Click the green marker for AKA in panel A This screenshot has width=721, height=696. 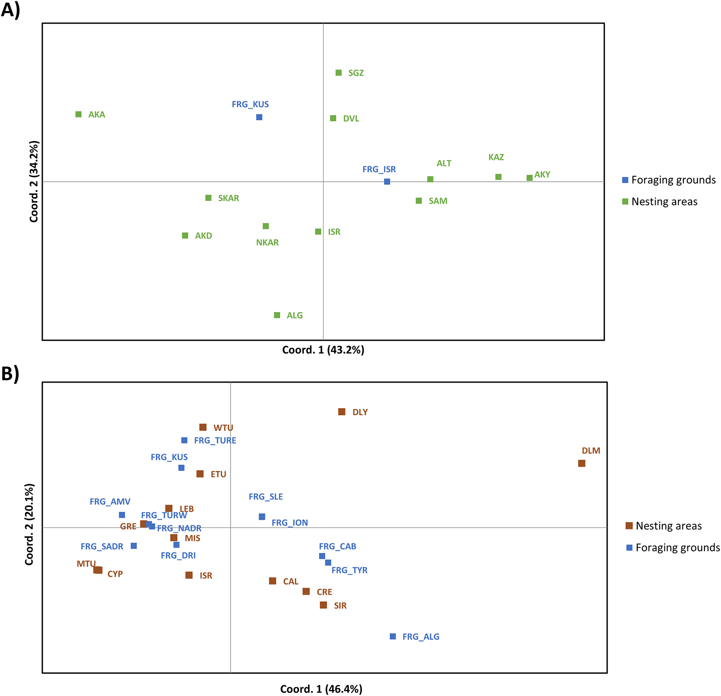[78, 115]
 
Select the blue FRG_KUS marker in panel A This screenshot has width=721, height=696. [259, 117]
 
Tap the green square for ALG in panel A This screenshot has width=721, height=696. [277, 315]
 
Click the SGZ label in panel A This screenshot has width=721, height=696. [356, 73]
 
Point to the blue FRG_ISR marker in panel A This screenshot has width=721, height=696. [387, 182]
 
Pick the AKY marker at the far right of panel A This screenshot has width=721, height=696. [529, 178]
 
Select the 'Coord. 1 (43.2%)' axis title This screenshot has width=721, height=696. [323, 350]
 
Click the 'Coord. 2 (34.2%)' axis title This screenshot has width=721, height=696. [34, 181]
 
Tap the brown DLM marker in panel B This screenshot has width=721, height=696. [582, 463]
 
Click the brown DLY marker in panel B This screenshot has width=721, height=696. [342, 412]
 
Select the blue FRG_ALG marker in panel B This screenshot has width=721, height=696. [393, 637]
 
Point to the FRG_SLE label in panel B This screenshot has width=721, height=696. [265, 497]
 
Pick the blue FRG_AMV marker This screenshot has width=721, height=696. [122, 515]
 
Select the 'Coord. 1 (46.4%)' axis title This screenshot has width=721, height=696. [321, 689]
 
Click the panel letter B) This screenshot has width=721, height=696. [10, 373]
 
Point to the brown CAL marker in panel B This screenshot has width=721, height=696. [272, 581]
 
